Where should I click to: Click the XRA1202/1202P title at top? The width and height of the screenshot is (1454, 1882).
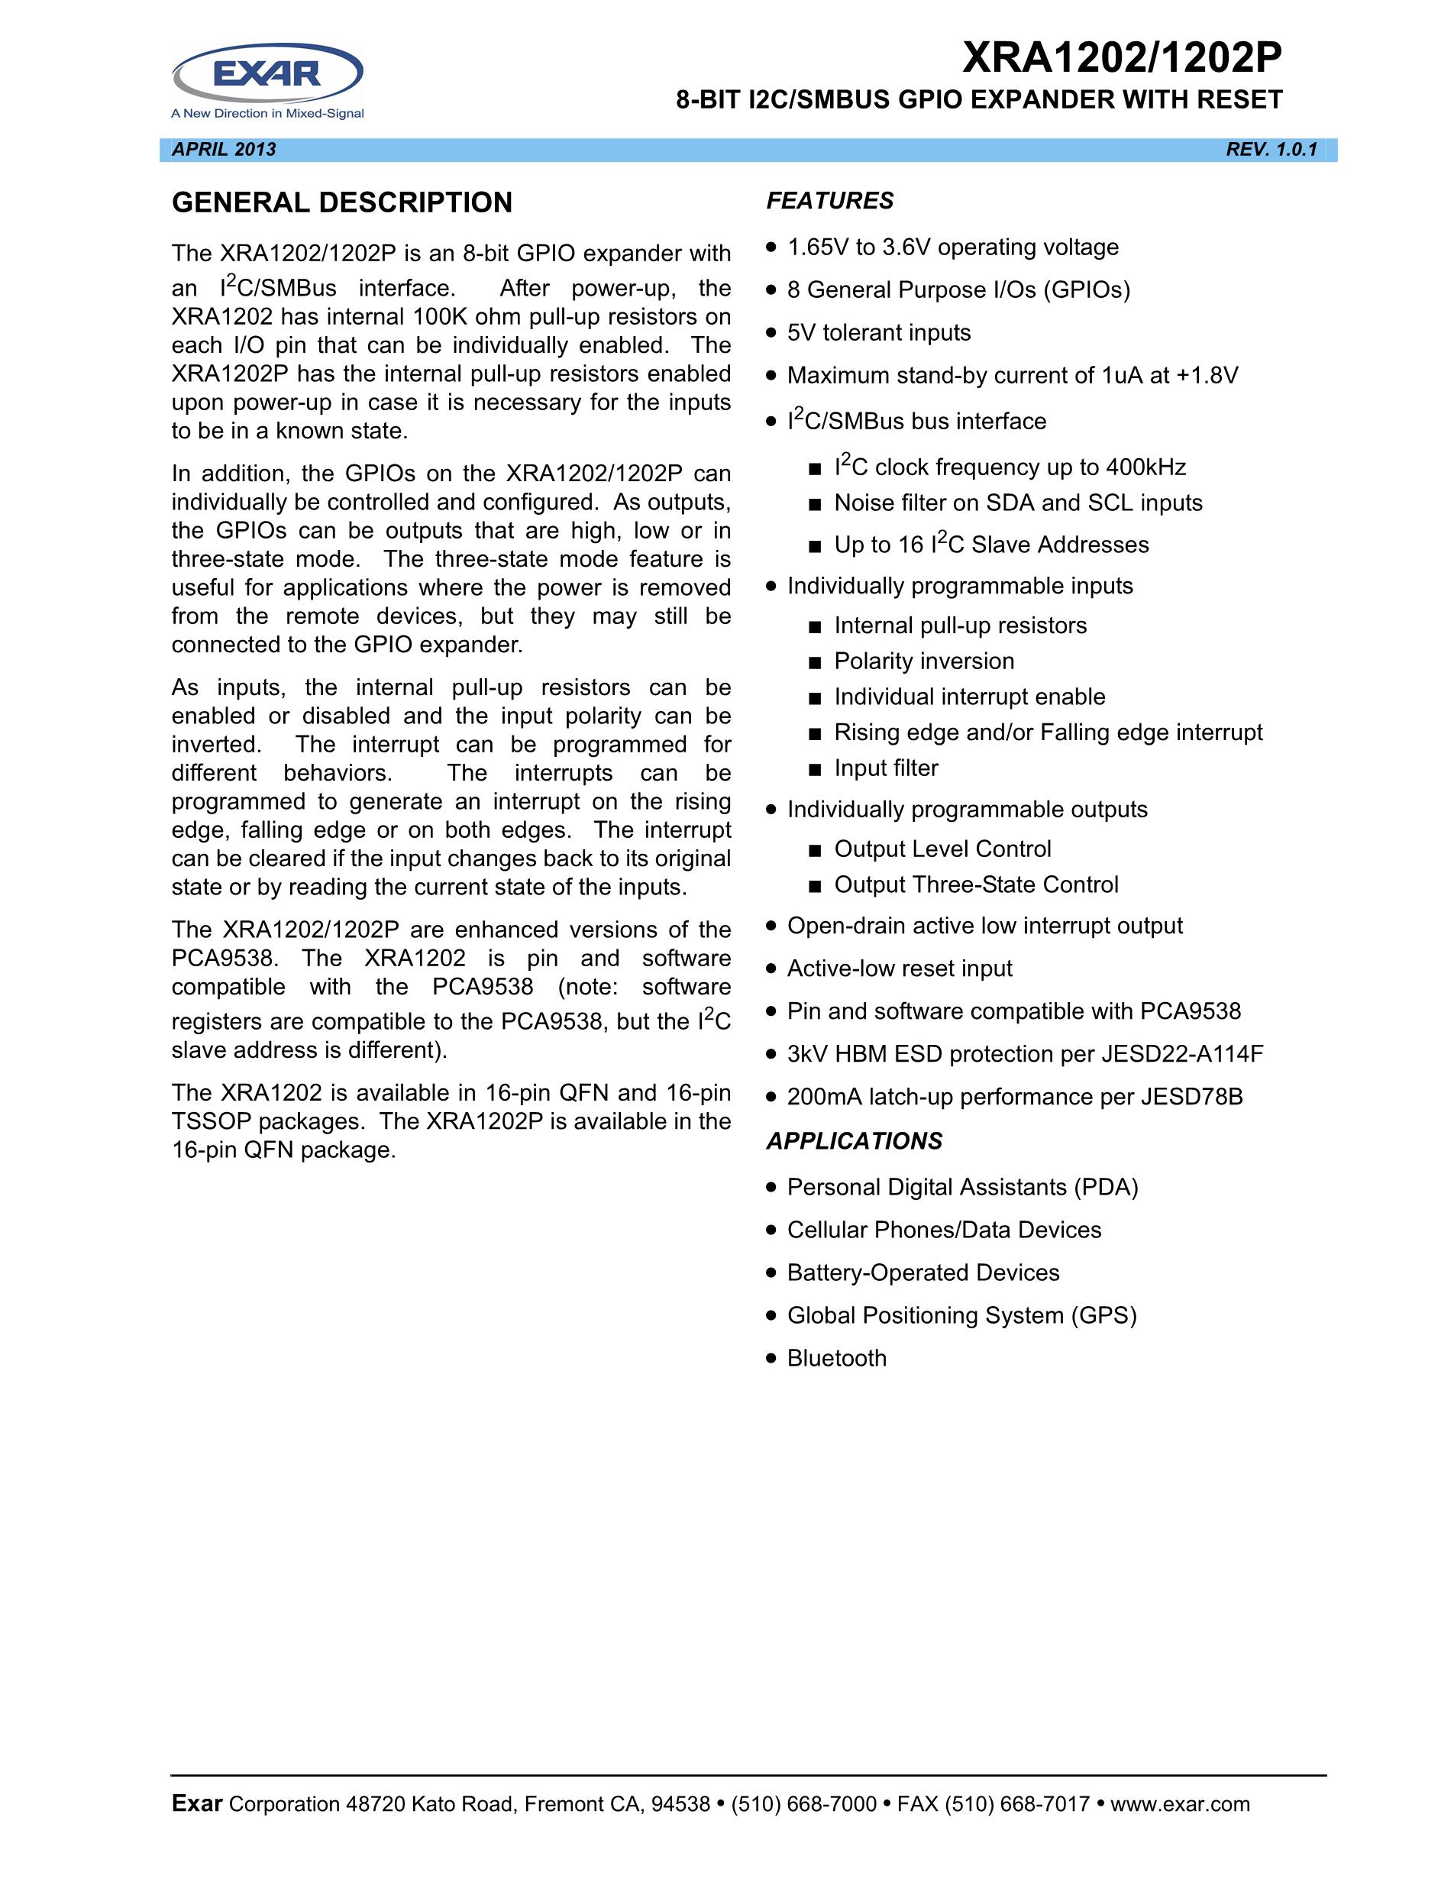click(1122, 59)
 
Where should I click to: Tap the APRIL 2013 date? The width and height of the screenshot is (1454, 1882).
click(224, 150)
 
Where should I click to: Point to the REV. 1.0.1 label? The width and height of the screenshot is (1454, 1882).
click(1271, 150)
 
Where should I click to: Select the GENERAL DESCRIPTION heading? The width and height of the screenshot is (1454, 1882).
click(342, 202)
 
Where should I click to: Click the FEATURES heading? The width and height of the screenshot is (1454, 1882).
click(829, 201)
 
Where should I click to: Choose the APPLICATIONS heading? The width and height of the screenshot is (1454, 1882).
click(854, 1141)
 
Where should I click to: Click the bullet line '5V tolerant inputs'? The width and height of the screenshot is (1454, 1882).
click(879, 332)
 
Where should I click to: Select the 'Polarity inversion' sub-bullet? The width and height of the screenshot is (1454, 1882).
click(923, 661)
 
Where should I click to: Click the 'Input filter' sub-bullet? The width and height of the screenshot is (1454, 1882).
click(886, 768)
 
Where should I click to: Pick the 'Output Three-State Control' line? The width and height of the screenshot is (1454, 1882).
click(976, 884)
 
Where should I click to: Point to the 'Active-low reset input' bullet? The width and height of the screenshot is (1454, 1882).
click(900, 968)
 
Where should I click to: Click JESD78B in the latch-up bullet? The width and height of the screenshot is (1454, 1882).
click(1191, 1097)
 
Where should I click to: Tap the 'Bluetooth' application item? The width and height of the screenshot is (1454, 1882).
click(836, 1358)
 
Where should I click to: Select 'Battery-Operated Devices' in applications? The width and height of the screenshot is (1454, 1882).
click(922, 1272)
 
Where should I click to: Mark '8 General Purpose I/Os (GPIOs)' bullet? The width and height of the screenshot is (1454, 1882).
click(958, 289)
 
